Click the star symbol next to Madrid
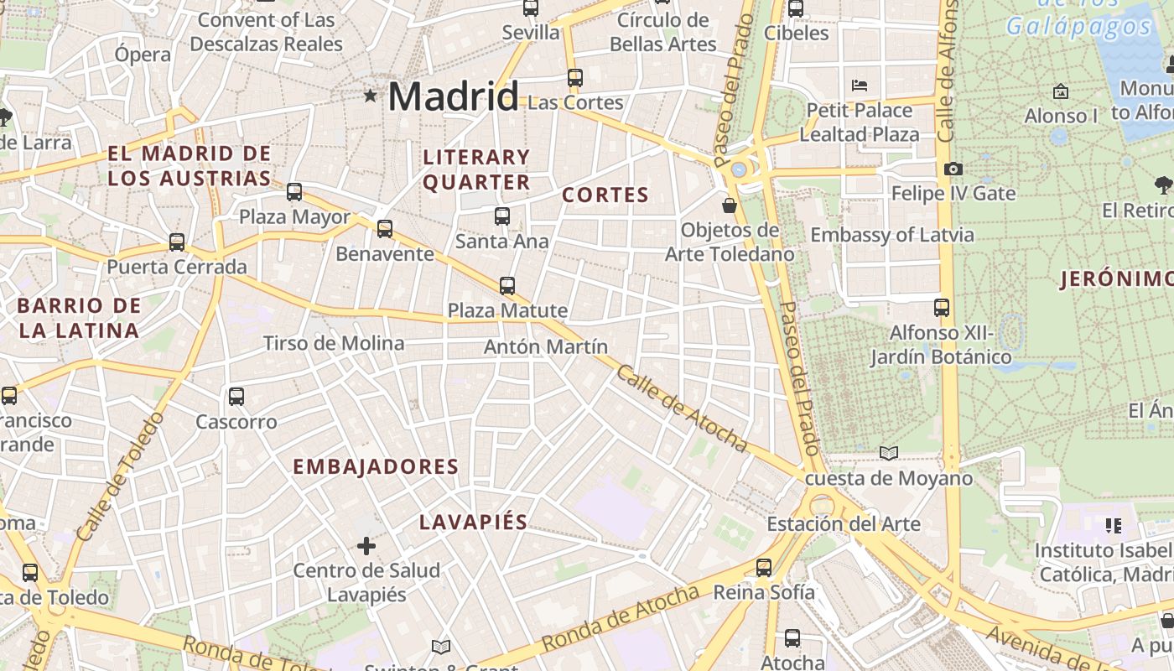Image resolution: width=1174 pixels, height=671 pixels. click(x=370, y=96)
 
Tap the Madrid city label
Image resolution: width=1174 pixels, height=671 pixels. click(x=453, y=96)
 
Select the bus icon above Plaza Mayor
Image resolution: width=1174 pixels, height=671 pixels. click(x=294, y=191)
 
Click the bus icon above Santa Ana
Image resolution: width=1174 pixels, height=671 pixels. click(x=502, y=216)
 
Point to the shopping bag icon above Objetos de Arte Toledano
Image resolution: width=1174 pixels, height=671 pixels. click(x=730, y=205)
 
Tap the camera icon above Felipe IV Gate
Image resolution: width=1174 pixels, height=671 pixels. click(x=953, y=169)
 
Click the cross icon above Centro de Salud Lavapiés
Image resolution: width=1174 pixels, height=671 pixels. click(x=366, y=546)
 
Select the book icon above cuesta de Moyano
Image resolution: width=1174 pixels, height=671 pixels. click(x=889, y=453)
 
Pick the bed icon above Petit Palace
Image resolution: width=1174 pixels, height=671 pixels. click(x=860, y=85)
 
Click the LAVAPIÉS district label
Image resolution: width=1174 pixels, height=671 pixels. click(x=473, y=522)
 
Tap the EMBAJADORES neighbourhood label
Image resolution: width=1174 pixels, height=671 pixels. click(x=376, y=466)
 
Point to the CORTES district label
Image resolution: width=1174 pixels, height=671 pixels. click(x=605, y=195)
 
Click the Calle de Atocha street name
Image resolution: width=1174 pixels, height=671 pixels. click(x=681, y=408)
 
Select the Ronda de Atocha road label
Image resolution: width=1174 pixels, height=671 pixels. click(x=621, y=618)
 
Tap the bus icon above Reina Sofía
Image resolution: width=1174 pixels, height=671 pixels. click(x=764, y=567)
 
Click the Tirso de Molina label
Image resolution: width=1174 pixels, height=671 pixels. click(x=334, y=343)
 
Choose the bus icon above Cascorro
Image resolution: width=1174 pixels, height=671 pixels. click(x=236, y=396)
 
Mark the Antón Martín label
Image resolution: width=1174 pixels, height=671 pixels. click(x=546, y=346)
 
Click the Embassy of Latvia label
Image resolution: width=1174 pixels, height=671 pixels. click(x=892, y=234)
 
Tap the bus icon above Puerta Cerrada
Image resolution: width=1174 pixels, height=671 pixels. click(x=177, y=242)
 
